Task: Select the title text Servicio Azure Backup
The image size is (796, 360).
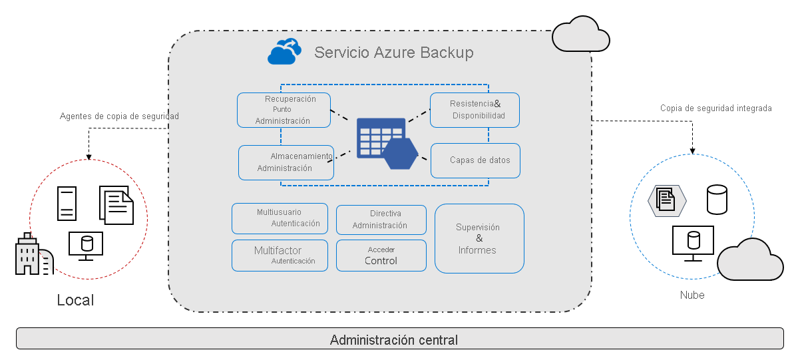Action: [393, 53]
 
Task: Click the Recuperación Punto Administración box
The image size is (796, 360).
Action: [284, 110]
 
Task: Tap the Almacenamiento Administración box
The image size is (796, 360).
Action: [286, 162]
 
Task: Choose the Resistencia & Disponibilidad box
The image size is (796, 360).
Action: [475, 110]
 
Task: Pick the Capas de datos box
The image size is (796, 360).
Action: [475, 160]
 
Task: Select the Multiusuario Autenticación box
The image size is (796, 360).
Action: [280, 218]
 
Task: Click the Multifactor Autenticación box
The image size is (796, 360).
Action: [280, 256]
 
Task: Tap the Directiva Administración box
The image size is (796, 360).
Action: [381, 220]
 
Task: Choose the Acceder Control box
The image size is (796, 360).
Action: [381, 256]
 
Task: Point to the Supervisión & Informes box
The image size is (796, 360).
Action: [479, 238]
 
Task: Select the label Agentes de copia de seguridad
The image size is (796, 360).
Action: [119, 116]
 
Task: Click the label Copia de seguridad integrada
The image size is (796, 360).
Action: [715, 108]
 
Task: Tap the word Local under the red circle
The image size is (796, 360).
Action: [75, 300]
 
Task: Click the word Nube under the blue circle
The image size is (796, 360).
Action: [692, 295]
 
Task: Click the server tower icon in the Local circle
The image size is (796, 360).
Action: [67, 204]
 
